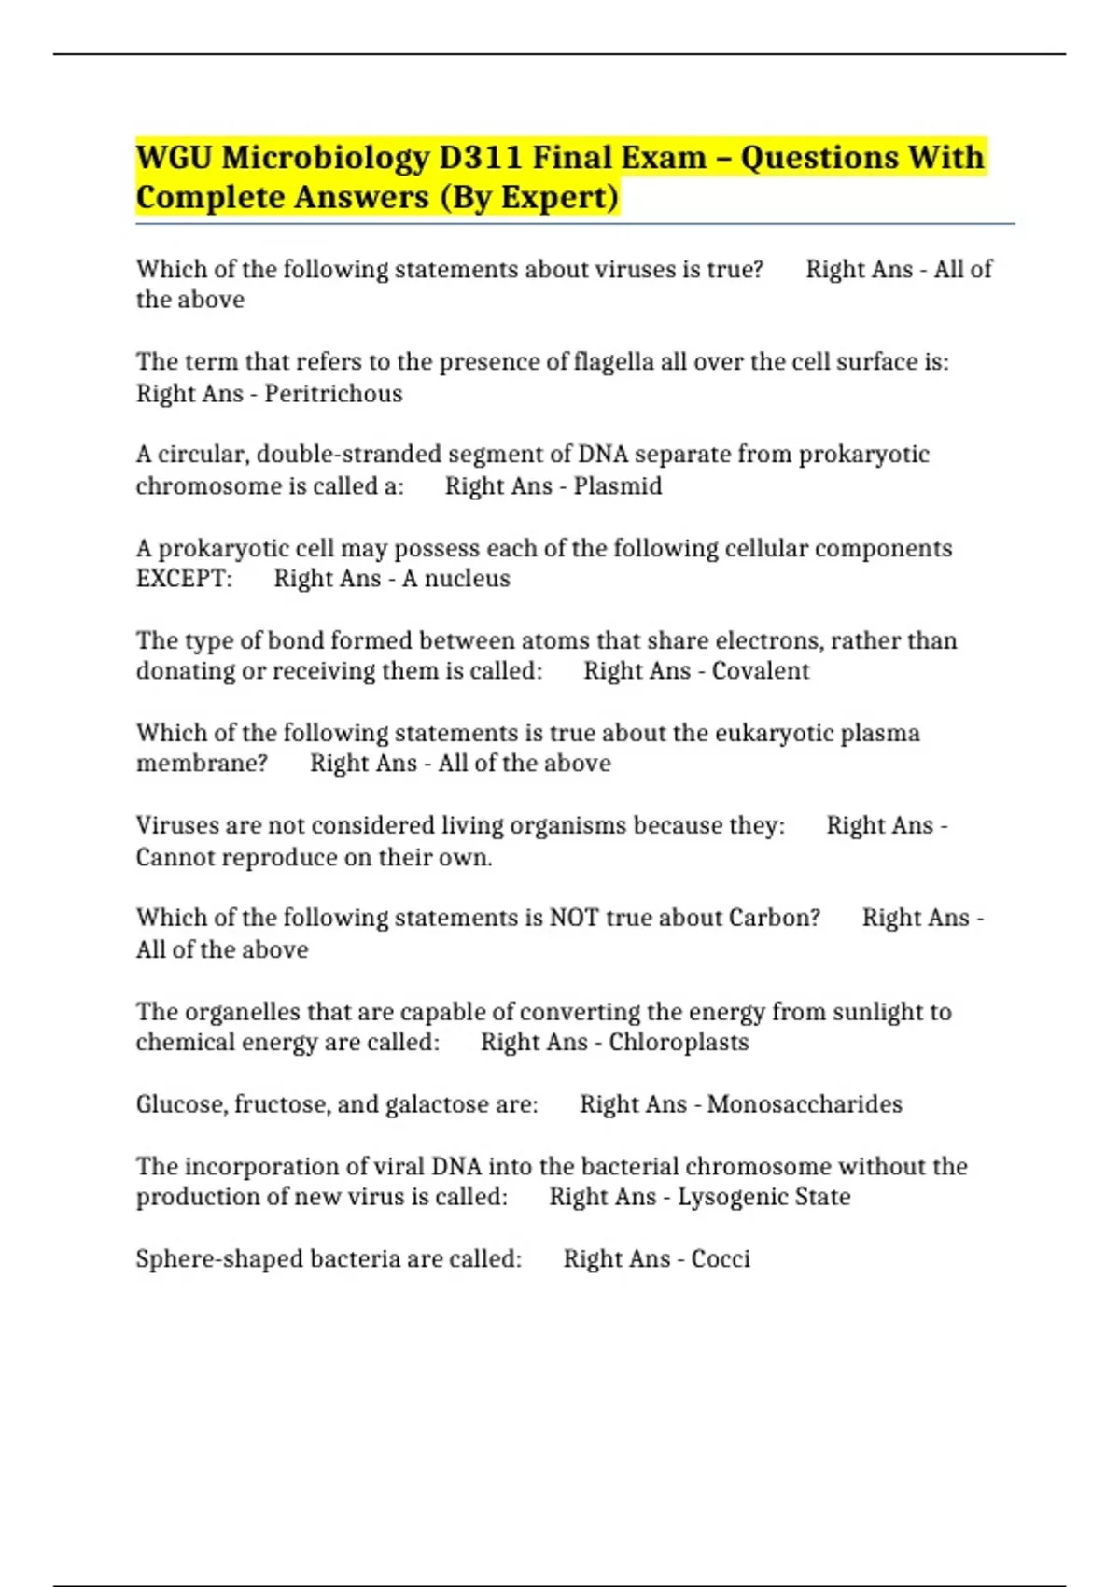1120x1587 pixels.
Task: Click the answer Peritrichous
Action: [x=333, y=394]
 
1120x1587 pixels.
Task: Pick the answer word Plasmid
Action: [x=617, y=486]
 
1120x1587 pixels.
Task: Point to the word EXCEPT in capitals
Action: [x=184, y=579]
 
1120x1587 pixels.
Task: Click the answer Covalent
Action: [x=761, y=671]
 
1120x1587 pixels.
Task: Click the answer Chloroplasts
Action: [x=679, y=1043]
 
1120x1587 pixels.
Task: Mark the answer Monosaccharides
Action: [x=805, y=1104]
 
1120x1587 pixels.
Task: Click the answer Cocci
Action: [x=721, y=1259]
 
